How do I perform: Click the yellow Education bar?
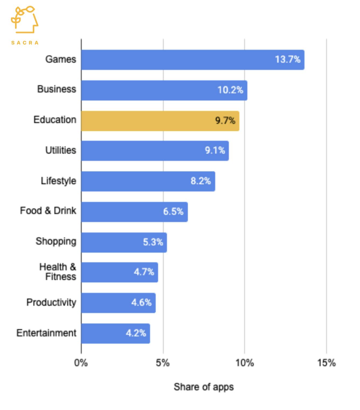coord(160,121)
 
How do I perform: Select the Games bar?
coord(193,60)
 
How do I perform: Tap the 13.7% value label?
coord(288,59)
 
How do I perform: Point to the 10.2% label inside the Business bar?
coord(230,90)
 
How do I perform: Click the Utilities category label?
coord(61,150)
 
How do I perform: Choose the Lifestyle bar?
coord(148,181)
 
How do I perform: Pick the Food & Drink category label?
coord(48,211)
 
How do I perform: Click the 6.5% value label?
coord(173,211)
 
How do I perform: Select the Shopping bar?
coord(124,242)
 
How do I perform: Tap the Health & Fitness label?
coord(58,272)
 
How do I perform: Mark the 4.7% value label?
coord(144,272)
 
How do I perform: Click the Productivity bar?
coord(118,303)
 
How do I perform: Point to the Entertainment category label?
coord(46,333)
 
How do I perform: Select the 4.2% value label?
coord(136,333)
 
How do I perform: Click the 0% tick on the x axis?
coord(81,363)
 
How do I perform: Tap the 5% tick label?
coord(163,363)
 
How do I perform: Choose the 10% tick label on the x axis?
coord(244,363)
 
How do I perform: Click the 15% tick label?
coord(326,363)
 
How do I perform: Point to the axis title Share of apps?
coord(204,387)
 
